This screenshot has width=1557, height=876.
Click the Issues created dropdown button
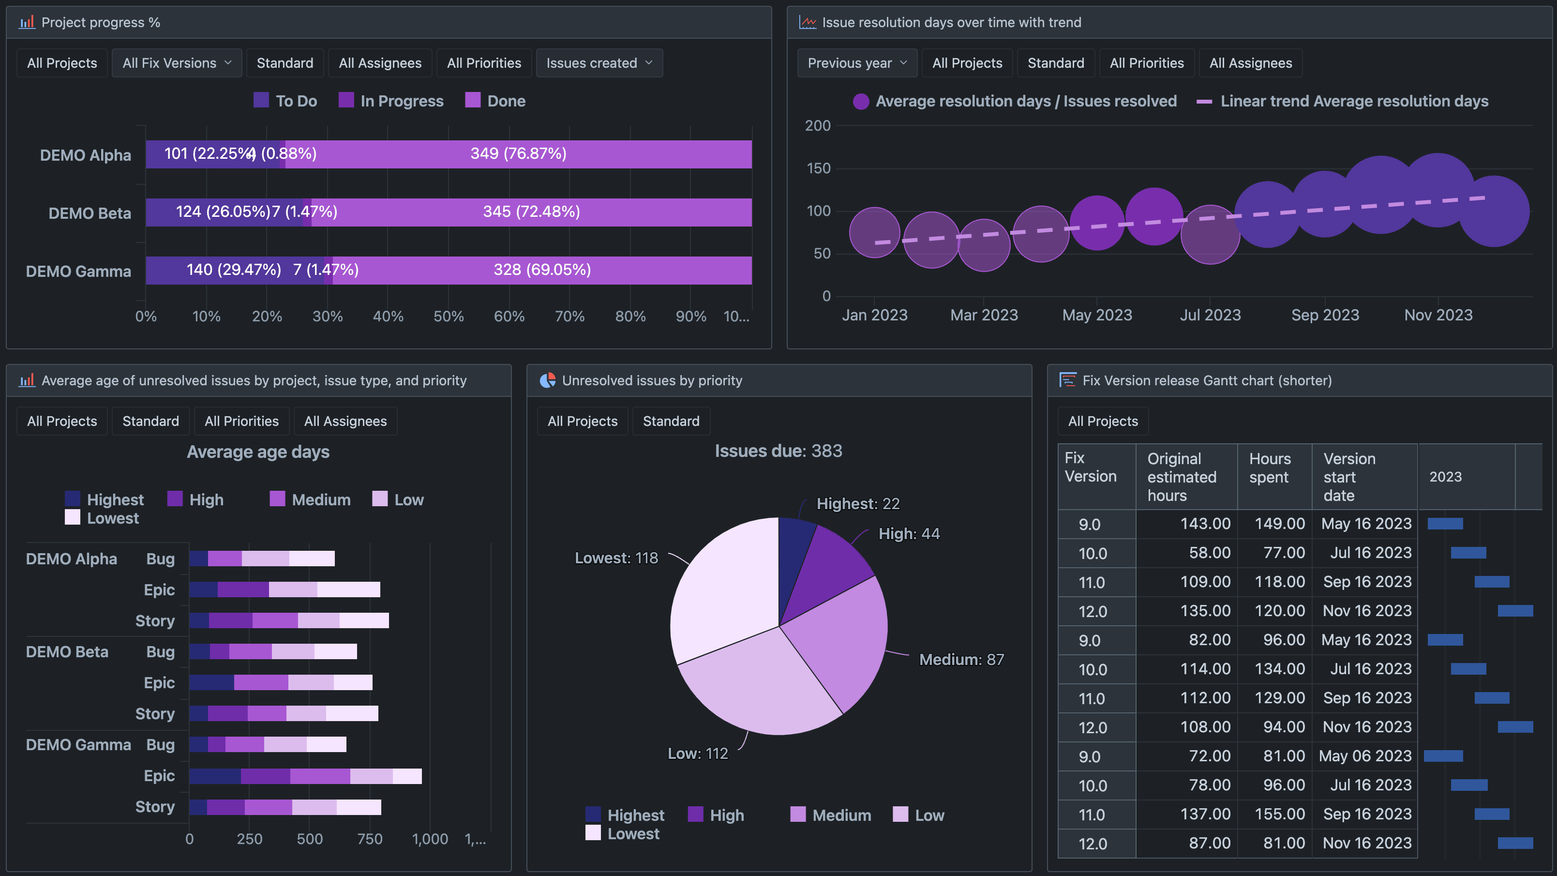(599, 63)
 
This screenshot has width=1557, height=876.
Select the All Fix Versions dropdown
(177, 63)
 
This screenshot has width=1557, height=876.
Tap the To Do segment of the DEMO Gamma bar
(233, 270)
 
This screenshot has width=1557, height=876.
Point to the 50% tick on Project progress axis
(449, 316)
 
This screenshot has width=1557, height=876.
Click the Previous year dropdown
(856, 63)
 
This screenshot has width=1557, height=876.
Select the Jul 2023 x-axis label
(1210, 315)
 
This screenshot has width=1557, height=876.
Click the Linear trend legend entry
(1343, 101)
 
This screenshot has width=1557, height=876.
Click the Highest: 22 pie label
(858, 504)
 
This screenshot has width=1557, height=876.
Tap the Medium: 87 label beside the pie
(961, 660)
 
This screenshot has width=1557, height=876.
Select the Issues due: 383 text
(778, 451)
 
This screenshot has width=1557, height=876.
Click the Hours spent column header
(1269, 468)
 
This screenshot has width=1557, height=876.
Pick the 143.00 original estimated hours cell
(1205, 524)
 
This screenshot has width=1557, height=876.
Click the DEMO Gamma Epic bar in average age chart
(305, 776)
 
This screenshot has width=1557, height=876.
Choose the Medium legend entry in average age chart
(310, 500)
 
